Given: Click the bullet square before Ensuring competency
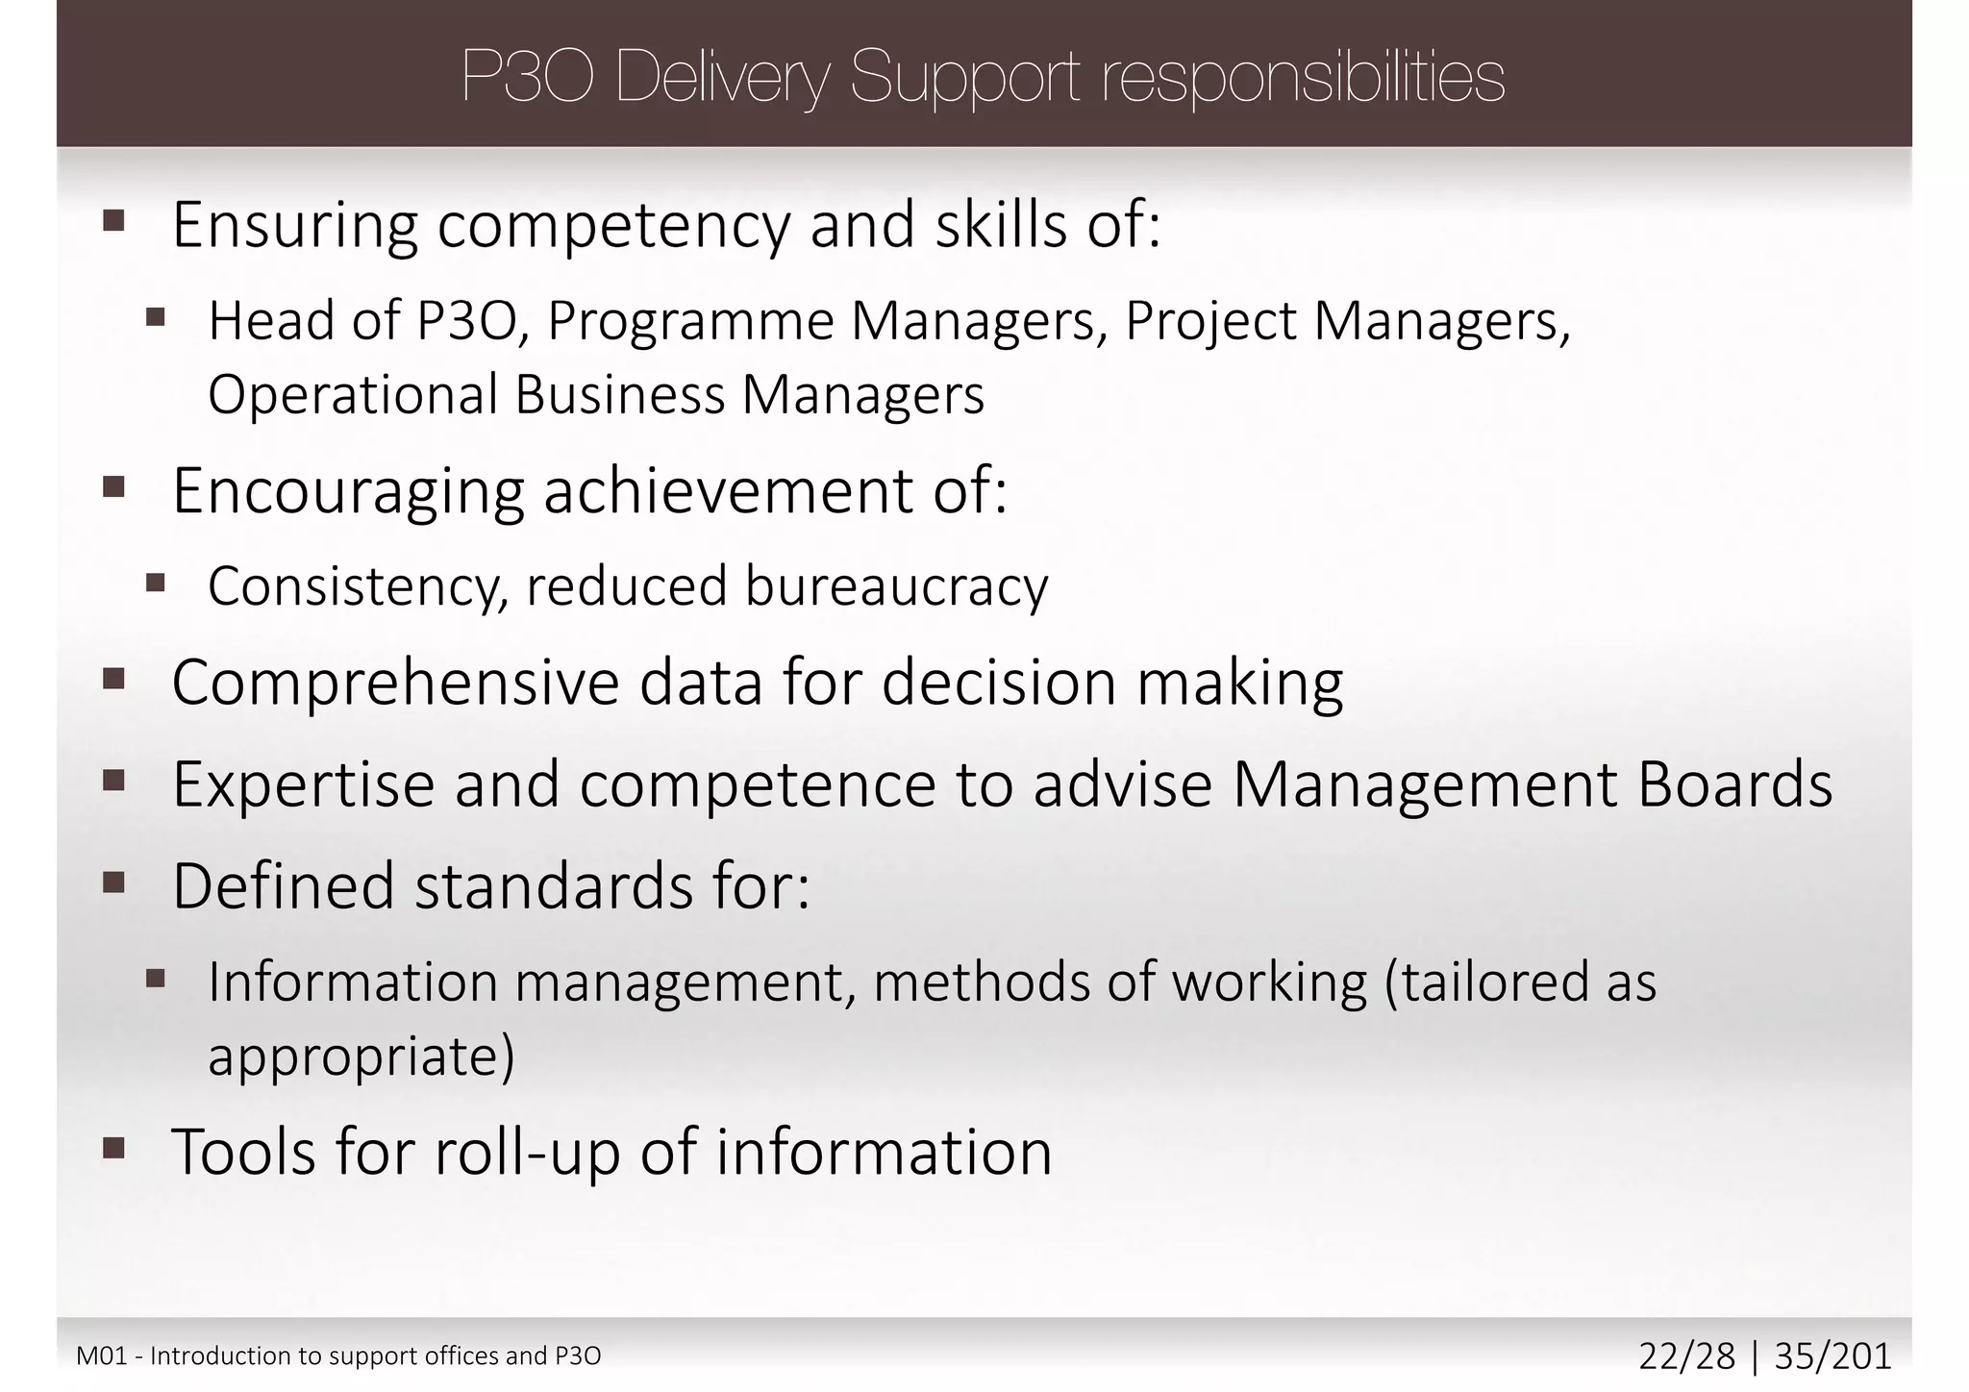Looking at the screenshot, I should click(114, 222).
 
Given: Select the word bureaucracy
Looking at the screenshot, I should click(896, 586).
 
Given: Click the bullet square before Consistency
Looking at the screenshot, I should click(156, 582).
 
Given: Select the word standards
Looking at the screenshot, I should click(553, 886).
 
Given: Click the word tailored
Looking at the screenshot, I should click(1483, 982).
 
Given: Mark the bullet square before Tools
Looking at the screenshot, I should click(114, 1147).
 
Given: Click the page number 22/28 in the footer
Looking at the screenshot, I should click(1686, 1356).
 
